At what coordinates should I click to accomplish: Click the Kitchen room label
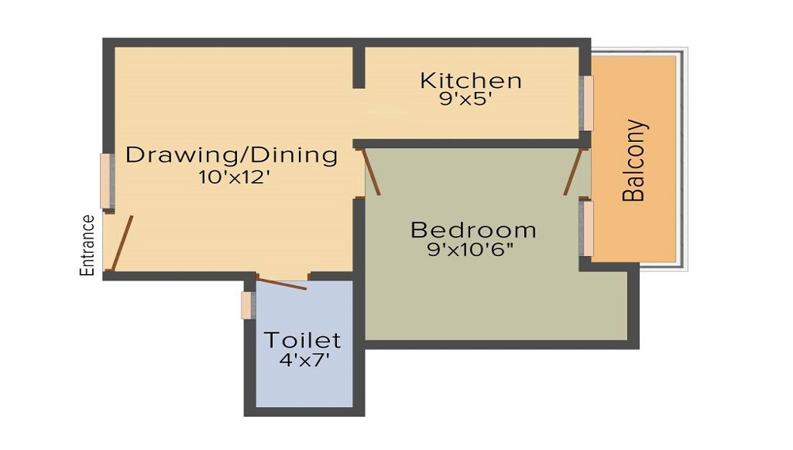(x=471, y=81)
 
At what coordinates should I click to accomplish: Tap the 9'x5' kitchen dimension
(x=465, y=99)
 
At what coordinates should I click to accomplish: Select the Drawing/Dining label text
(x=232, y=155)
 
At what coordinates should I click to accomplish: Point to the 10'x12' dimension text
(x=232, y=177)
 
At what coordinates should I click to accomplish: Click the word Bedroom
(x=473, y=231)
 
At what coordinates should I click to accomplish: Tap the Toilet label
(x=302, y=340)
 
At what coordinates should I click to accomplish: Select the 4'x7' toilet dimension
(x=305, y=360)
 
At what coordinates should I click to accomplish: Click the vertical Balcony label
(x=634, y=161)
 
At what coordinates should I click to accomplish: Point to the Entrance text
(x=87, y=246)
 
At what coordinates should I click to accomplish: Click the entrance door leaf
(x=122, y=243)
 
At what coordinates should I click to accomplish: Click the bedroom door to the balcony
(x=573, y=172)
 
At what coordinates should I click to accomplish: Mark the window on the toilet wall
(x=247, y=306)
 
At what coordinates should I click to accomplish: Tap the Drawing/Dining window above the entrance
(x=107, y=181)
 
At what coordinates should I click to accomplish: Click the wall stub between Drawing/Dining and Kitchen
(x=358, y=67)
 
